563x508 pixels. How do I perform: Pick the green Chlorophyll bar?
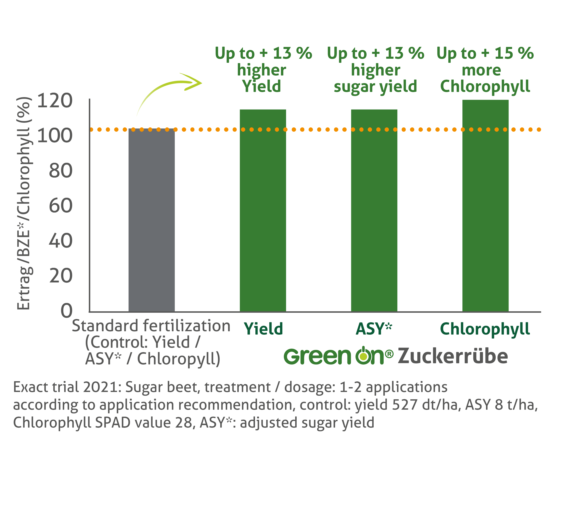point(485,205)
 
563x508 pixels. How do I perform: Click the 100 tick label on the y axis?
point(55,136)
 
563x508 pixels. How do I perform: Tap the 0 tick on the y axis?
point(66,311)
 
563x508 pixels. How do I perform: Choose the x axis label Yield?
point(263,329)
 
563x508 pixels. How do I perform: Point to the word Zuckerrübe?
point(452,356)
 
